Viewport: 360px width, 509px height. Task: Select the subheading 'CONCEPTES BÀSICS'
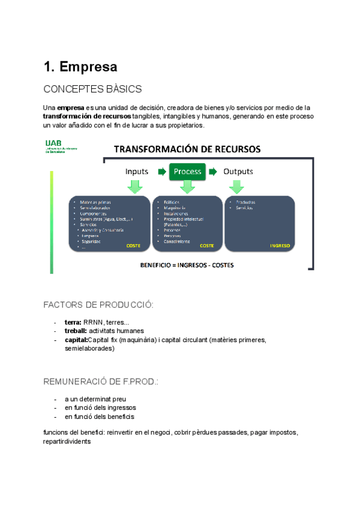click(92, 89)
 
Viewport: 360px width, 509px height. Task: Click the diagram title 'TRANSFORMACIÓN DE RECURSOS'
click(187, 149)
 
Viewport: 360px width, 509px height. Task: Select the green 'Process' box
click(187, 172)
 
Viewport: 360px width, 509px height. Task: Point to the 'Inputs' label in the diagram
click(137, 172)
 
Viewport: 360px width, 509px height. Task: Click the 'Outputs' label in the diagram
click(238, 172)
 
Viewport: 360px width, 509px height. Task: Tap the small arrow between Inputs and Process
click(161, 172)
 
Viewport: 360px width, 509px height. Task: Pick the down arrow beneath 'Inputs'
click(135, 187)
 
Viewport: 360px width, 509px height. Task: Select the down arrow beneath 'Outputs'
click(238, 187)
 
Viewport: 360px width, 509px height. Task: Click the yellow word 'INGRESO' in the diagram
click(280, 245)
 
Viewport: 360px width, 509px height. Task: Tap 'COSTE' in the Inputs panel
click(133, 245)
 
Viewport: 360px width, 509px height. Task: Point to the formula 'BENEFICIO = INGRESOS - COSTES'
click(187, 265)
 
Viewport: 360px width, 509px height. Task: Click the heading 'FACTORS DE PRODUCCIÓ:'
click(98, 306)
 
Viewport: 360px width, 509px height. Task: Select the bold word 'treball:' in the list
click(76, 331)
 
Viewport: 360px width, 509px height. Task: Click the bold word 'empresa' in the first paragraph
click(71, 107)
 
